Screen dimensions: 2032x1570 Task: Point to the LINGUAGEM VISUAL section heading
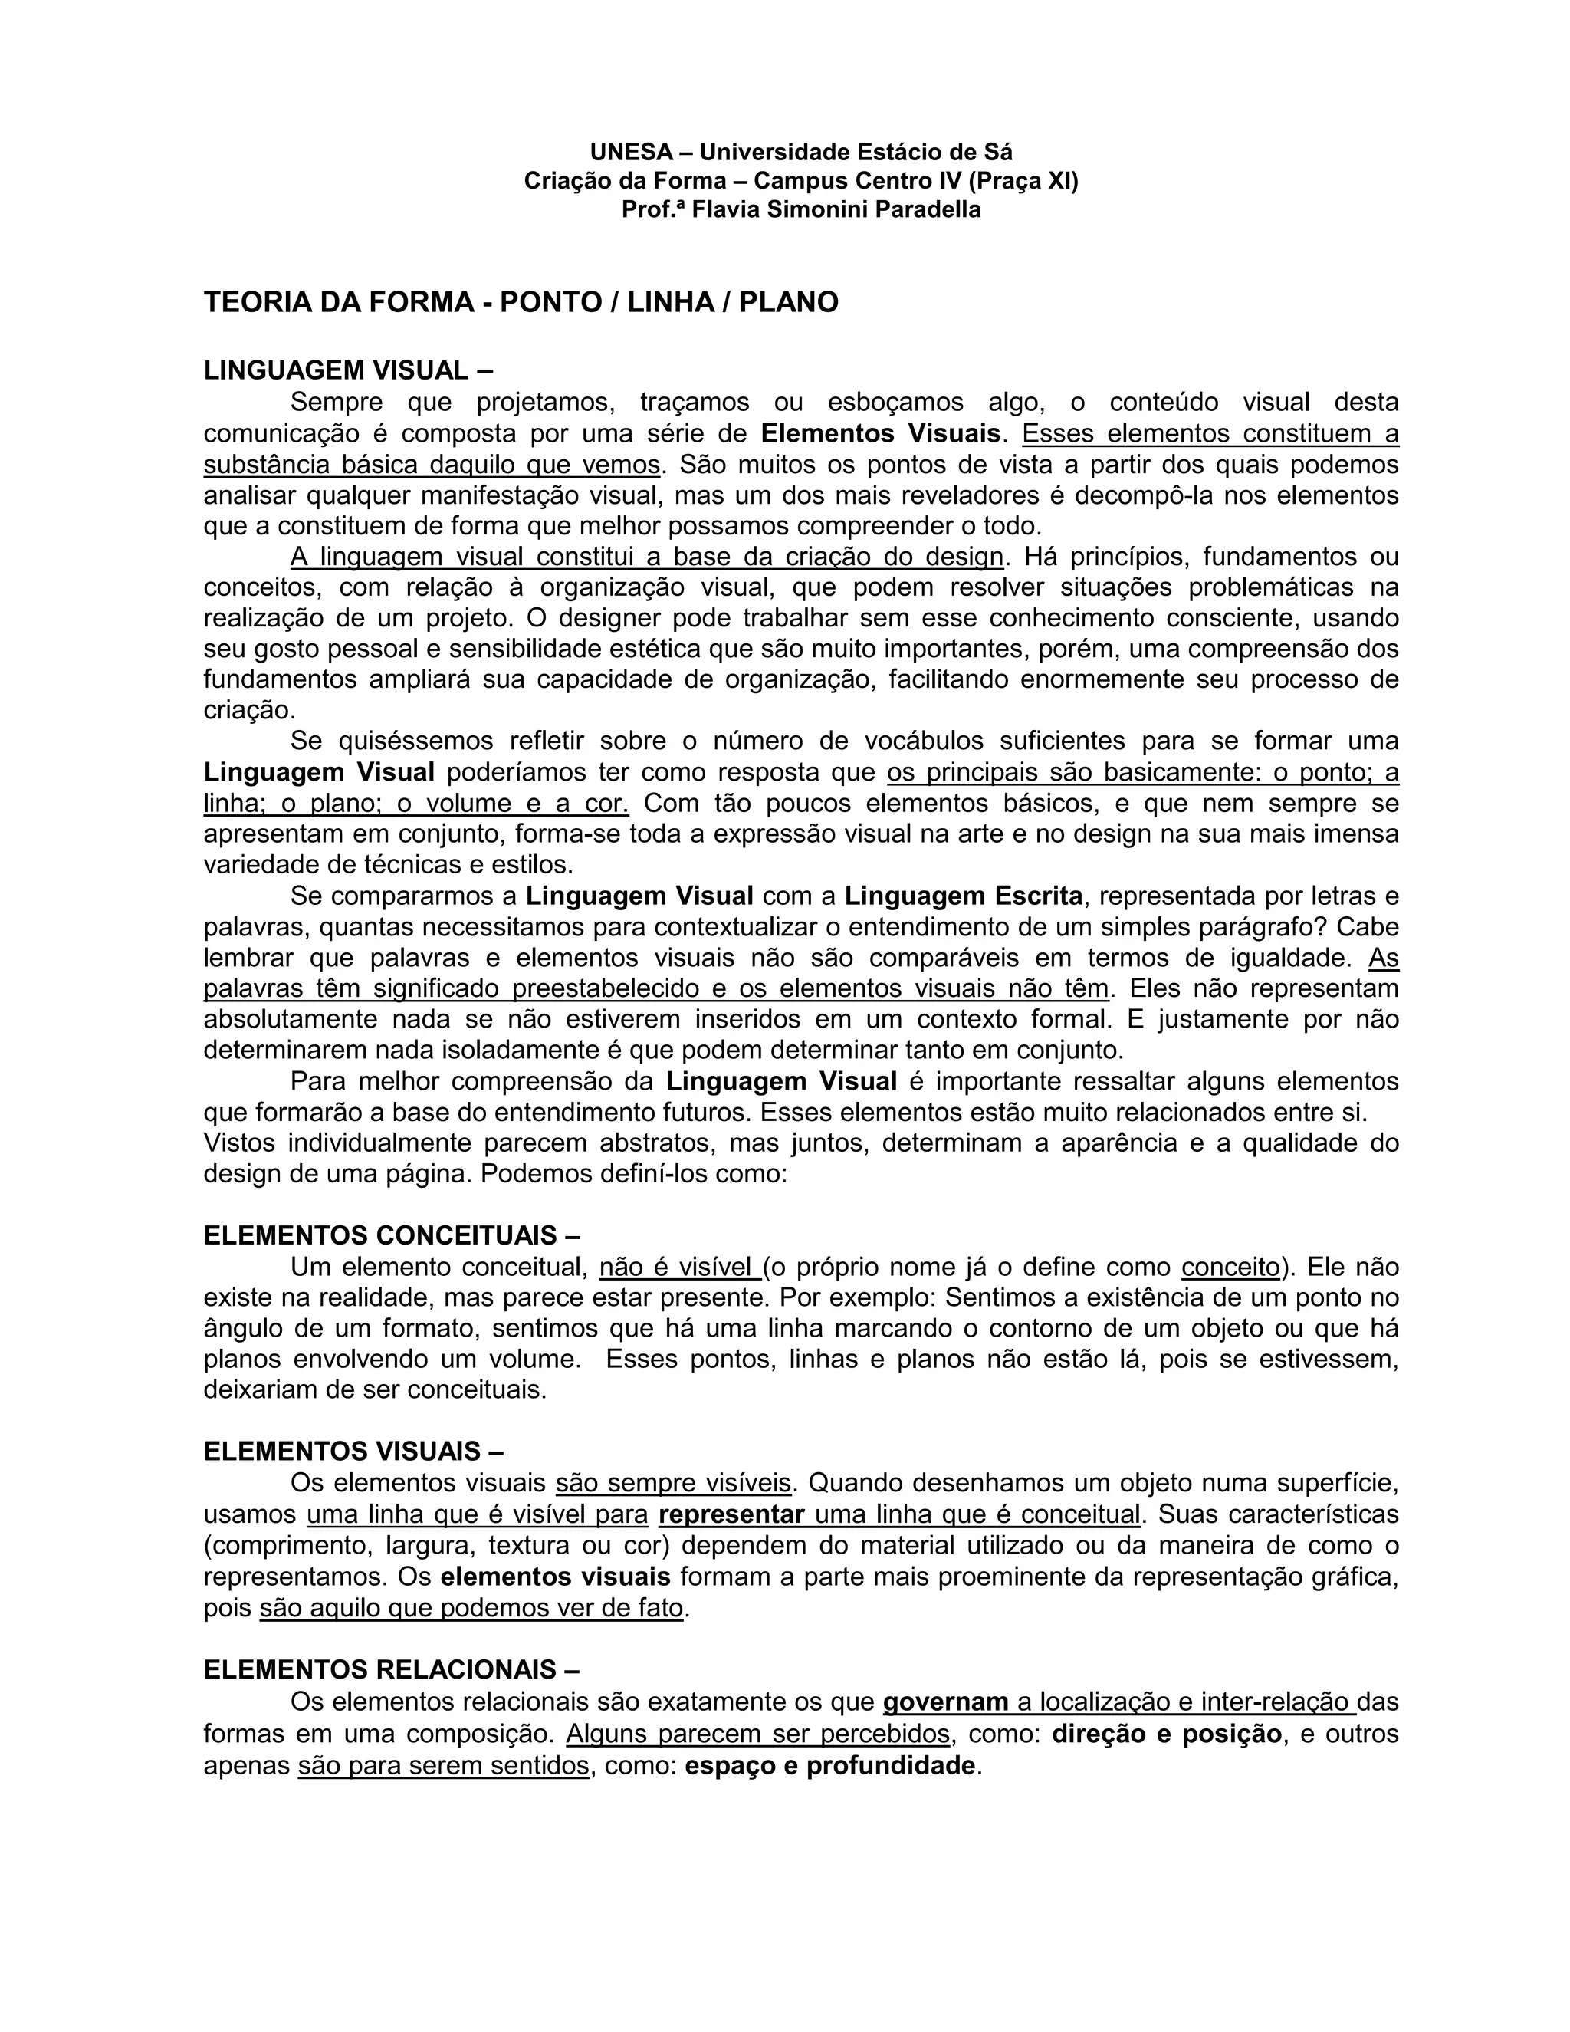pyautogui.click(x=348, y=370)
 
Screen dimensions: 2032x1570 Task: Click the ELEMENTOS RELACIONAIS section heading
pyautogui.click(x=392, y=1670)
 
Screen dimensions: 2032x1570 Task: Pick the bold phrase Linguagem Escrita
pyautogui.click(x=964, y=896)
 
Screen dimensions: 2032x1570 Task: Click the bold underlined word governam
pyautogui.click(x=945, y=1702)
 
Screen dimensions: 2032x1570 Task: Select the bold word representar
pyautogui.click(x=731, y=1514)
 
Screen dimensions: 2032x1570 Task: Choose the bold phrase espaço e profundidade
pyautogui.click(x=830, y=1766)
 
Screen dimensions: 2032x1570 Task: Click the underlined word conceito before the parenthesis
pyautogui.click(x=1230, y=1268)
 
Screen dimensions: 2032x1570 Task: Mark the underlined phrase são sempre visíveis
pyautogui.click(x=673, y=1483)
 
